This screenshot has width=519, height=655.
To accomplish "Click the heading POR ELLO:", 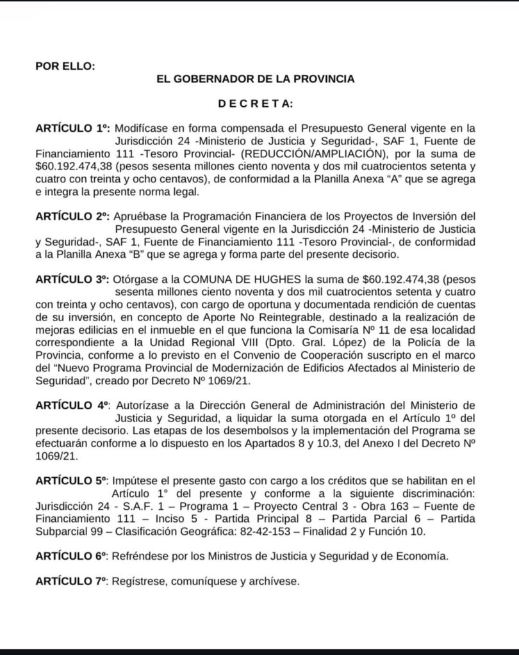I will [65, 65].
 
